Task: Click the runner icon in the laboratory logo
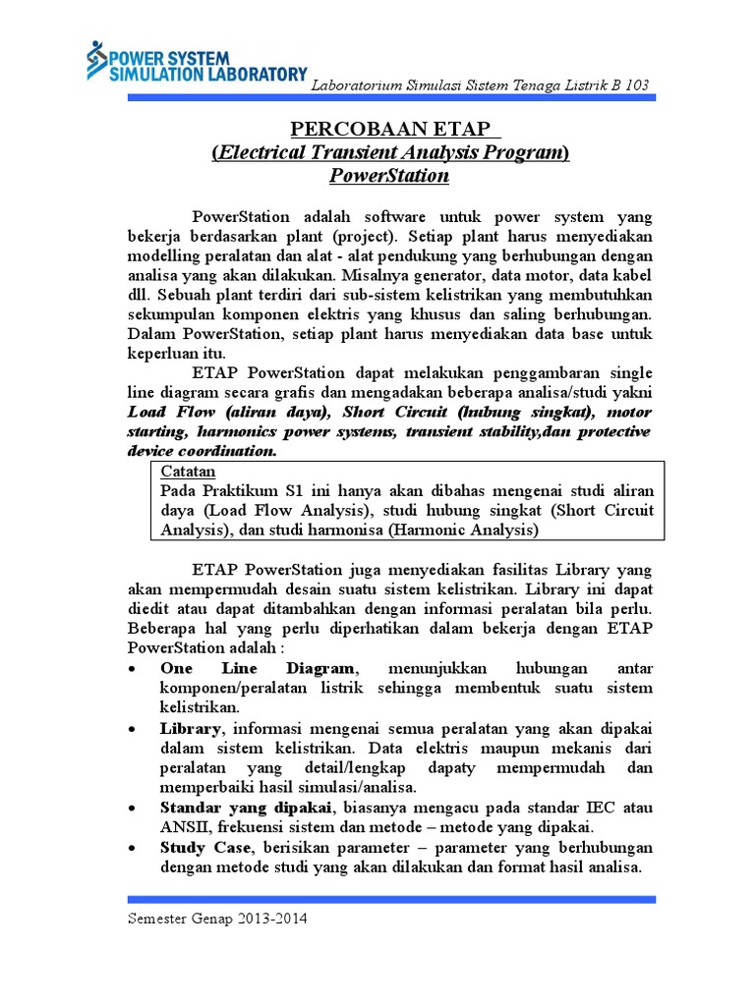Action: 95,60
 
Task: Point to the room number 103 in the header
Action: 635,85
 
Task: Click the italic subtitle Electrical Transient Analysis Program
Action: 390,153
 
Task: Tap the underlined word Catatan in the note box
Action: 187,473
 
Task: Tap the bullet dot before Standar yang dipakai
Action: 133,808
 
